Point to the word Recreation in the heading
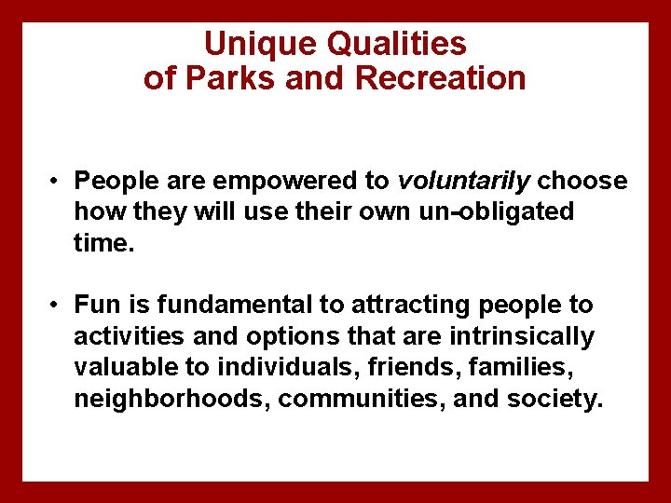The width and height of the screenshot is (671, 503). [x=440, y=78]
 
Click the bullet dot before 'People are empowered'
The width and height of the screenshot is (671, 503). [x=57, y=181]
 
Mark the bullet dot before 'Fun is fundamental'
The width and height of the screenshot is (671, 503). [x=57, y=306]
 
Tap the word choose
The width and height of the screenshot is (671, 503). [x=582, y=180]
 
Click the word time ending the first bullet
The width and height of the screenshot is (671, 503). [x=102, y=243]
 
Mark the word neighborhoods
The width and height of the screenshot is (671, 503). [x=171, y=400]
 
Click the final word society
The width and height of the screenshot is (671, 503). [x=555, y=400]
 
